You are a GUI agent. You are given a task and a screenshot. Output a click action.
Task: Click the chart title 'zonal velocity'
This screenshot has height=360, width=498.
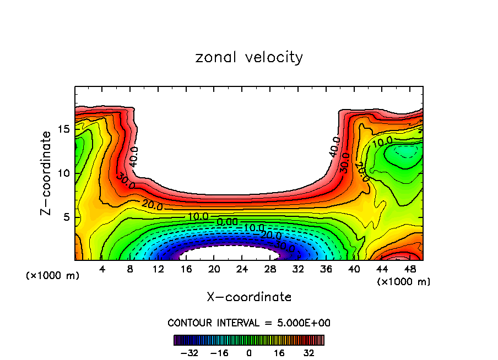tap(249, 57)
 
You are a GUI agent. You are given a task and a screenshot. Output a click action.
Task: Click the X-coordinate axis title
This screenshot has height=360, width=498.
tap(249, 297)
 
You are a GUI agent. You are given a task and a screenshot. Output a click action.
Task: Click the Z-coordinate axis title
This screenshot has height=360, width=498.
tap(47, 173)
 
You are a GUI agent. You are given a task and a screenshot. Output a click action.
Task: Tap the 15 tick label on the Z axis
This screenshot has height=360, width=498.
tap(63, 129)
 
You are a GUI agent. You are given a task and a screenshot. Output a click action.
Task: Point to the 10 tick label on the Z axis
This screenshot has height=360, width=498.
tap(63, 173)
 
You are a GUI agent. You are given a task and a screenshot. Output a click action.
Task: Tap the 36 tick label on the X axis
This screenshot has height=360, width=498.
tap(326, 270)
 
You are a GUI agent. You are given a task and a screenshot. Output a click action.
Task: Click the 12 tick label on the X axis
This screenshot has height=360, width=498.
tap(158, 270)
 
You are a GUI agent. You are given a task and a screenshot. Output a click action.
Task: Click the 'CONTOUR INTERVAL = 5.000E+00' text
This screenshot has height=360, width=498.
tap(249, 323)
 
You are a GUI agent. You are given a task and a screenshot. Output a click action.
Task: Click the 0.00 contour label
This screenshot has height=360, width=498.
tap(228, 221)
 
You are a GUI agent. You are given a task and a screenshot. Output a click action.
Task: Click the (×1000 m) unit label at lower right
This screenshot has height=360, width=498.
tap(404, 282)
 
